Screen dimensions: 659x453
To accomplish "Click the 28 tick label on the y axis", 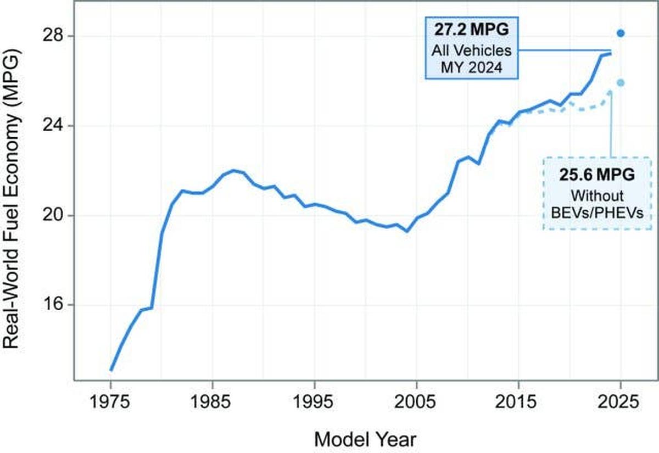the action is point(53,36).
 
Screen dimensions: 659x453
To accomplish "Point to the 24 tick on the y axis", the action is point(53,126).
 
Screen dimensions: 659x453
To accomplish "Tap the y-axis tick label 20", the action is point(53,216).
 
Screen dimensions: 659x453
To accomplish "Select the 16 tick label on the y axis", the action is point(53,305).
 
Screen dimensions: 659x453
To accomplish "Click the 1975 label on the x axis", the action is point(109,401).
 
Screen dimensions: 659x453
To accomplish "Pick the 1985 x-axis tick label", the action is point(211,401).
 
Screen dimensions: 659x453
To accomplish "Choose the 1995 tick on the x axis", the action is point(313,401).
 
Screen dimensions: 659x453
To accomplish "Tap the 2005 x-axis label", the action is point(415,401).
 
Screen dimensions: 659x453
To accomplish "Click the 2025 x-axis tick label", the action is point(618,401).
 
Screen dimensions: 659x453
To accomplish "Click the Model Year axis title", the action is point(365,439).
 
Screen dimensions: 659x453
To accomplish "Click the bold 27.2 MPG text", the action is point(472,30).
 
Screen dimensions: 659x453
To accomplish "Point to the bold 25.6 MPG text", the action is point(597,175).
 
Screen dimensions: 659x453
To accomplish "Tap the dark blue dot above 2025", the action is point(621,33).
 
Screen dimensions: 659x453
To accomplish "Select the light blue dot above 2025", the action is point(621,83).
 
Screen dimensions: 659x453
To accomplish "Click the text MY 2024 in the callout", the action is point(472,68).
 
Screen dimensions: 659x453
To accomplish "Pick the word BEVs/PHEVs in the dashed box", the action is point(597,213).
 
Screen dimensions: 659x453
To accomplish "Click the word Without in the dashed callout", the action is point(597,195).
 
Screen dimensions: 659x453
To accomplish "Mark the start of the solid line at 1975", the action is point(111,370).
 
